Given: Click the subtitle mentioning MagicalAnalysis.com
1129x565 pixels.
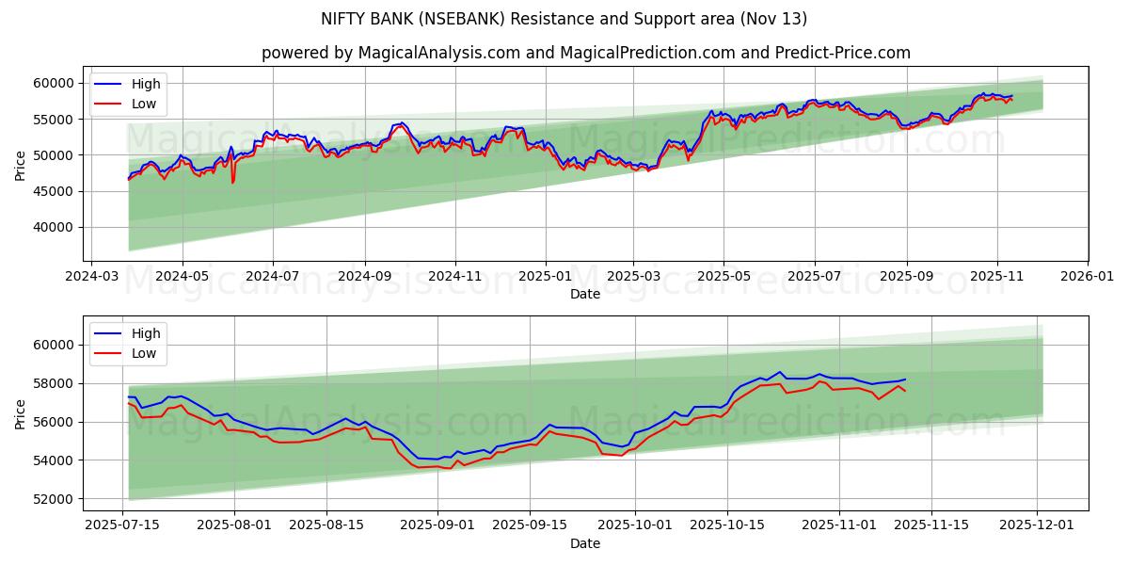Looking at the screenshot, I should click(x=585, y=53).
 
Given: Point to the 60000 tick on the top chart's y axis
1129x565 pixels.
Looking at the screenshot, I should click(x=54, y=83).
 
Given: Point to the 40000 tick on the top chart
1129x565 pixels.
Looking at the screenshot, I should click(x=54, y=227).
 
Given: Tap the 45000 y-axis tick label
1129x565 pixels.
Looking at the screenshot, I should click(x=54, y=191).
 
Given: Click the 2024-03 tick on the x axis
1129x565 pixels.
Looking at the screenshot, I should click(x=90, y=278).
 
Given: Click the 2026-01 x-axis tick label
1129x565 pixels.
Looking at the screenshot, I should click(x=1087, y=278).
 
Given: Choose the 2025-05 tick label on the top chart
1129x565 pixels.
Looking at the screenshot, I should click(x=724, y=278).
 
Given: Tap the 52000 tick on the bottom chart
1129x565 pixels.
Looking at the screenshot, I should click(x=54, y=499).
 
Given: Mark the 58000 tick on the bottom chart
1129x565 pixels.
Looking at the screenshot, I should click(x=54, y=383).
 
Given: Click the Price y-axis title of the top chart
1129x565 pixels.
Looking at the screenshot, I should click(x=21, y=167).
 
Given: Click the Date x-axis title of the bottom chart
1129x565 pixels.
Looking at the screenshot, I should click(x=585, y=543).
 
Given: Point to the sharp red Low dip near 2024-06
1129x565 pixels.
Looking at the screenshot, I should click(x=232, y=181).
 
